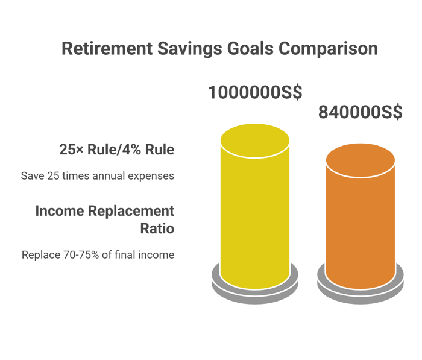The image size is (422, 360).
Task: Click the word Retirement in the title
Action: pos(107,48)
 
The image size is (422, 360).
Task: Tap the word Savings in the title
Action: pos(190,49)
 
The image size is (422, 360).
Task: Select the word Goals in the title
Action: pos(250,48)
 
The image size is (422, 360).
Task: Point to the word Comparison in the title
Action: pos(328,49)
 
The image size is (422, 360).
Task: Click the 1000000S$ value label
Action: pos(255,92)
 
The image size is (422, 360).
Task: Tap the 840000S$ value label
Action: pos(361,112)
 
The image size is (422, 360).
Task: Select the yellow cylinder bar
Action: pos(255,206)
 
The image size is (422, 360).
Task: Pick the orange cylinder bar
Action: pos(361,216)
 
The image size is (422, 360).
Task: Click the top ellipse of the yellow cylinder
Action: pos(255,141)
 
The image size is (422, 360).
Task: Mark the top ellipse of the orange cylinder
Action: pos(361,160)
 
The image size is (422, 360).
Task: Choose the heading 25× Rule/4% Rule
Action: pos(117,150)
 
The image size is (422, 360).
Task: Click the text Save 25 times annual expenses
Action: pos(98,176)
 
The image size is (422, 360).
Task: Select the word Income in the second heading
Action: pos(60,211)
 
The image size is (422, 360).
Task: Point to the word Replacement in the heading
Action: pos(131,212)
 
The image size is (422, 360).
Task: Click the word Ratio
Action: pos(157,229)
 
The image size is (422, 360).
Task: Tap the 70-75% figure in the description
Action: pos(81,254)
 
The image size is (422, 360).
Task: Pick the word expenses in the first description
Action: pos(151,177)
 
